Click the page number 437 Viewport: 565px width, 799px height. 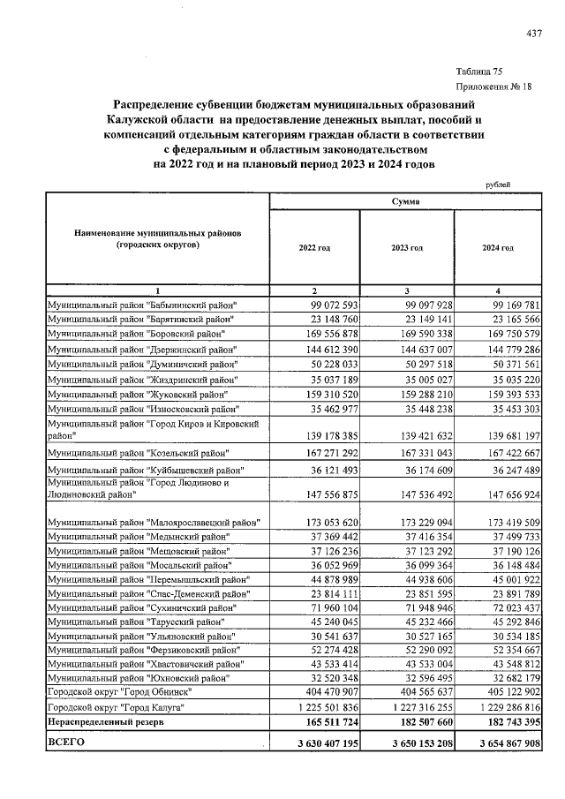533,34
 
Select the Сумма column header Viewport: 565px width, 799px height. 406,202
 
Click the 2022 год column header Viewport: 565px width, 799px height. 315,249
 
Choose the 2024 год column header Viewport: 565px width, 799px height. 497,249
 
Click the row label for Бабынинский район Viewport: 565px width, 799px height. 143,305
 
